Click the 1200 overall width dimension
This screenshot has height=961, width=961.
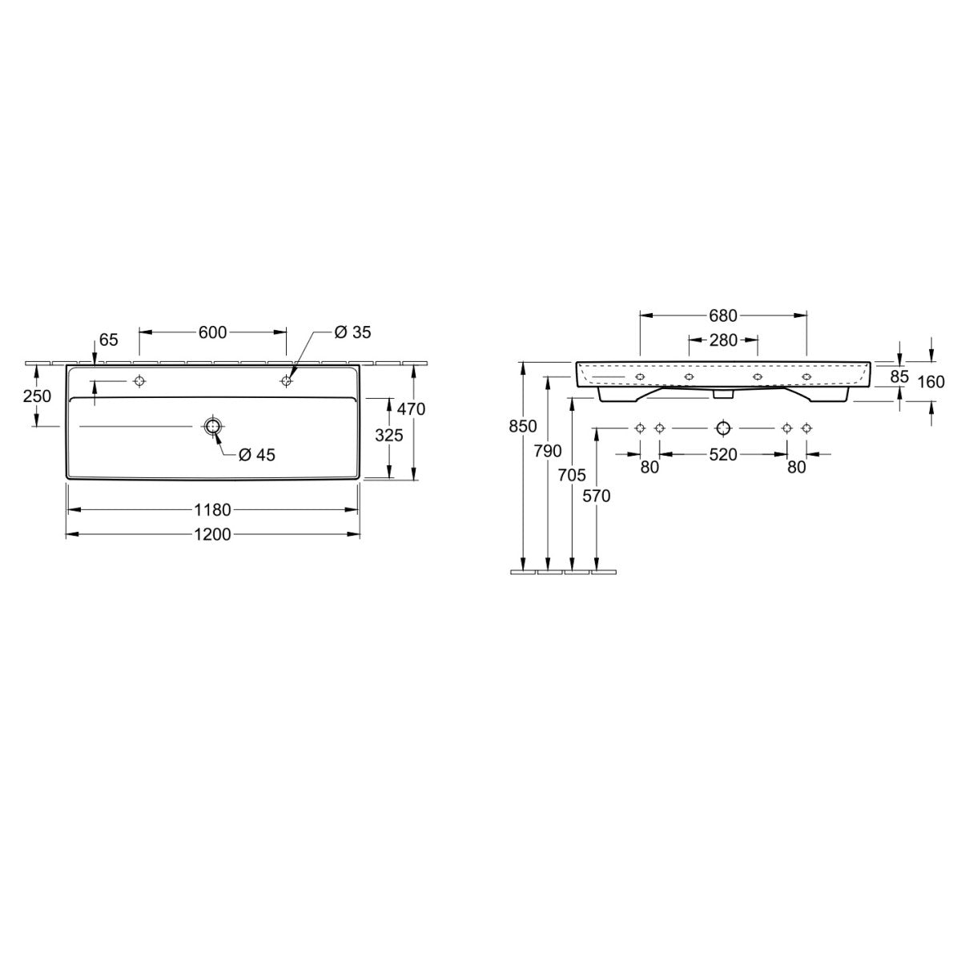click(212, 535)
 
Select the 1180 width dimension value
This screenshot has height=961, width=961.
click(212, 509)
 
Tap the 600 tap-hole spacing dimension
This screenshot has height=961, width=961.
click(212, 332)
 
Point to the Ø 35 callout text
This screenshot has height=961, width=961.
click(352, 332)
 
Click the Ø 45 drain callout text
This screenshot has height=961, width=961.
click(257, 455)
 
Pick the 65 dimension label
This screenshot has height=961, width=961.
click(109, 340)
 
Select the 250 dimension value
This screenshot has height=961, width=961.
click(38, 396)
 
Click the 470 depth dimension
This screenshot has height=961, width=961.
click(412, 409)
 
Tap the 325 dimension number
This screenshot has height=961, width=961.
click(389, 436)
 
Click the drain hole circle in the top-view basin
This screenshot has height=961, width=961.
click(213, 426)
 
